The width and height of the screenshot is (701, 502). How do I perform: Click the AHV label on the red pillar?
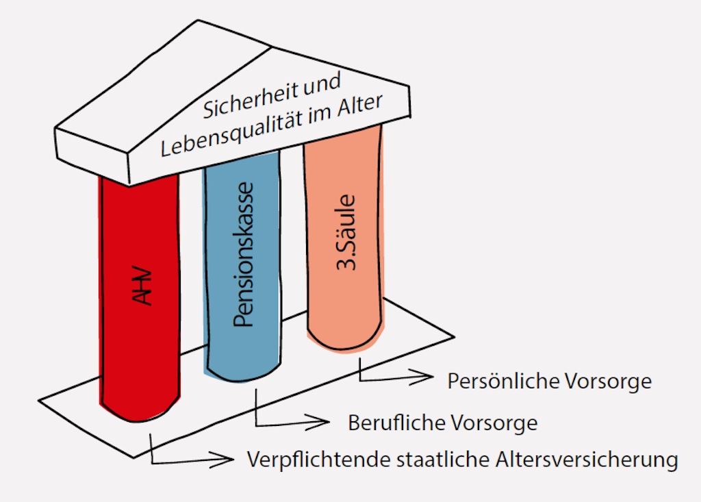143,286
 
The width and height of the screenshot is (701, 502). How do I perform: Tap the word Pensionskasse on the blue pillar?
244,254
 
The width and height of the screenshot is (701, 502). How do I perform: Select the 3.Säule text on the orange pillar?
346,233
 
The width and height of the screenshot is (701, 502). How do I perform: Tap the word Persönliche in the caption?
503,381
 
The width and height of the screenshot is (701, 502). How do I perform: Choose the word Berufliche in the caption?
396,423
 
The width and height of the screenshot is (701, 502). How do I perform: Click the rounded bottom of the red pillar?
138,410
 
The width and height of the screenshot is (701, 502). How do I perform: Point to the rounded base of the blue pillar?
244,371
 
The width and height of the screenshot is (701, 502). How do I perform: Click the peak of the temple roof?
198,20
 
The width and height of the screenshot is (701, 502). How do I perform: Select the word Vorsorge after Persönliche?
608,382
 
